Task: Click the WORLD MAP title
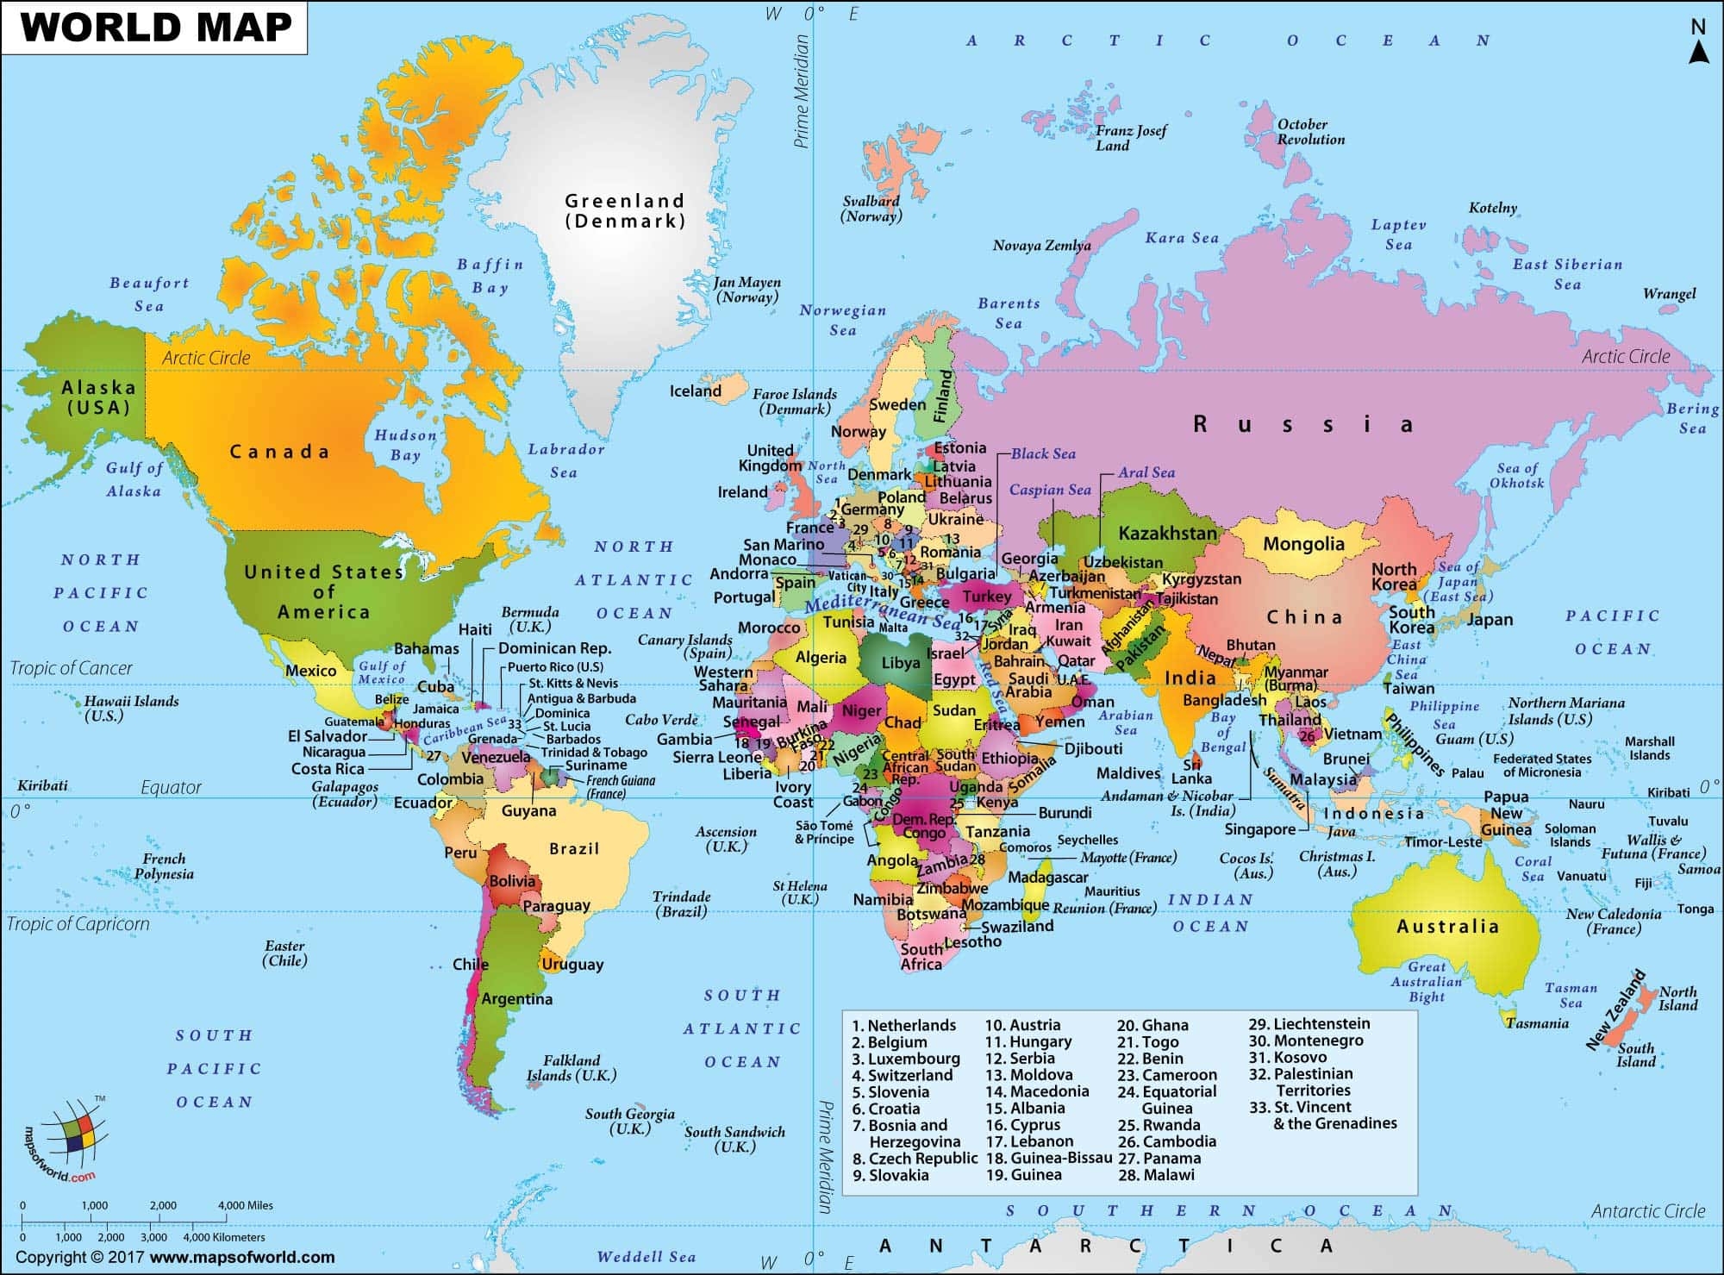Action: click(156, 27)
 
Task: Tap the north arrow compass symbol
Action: click(1698, 43)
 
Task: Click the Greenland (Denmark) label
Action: click(625, 210)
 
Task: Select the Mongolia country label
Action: click(1303, 544)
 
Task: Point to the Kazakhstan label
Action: click(1167, 533)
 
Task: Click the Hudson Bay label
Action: click(405, 445)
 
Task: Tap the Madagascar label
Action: click(1048, 877)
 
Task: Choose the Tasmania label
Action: click(1538, 1023)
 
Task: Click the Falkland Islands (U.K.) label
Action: click(572, 1068)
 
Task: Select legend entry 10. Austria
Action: click(1022, 1025)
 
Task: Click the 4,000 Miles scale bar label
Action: click(246, 1205)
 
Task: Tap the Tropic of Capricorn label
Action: click(78, 924)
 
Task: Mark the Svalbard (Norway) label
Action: click(871, 209)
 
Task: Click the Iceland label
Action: click(695, 391)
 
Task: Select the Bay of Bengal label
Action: click(1223, 732)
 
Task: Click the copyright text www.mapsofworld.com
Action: click(242, 1257)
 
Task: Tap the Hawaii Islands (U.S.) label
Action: click(131, 708)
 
